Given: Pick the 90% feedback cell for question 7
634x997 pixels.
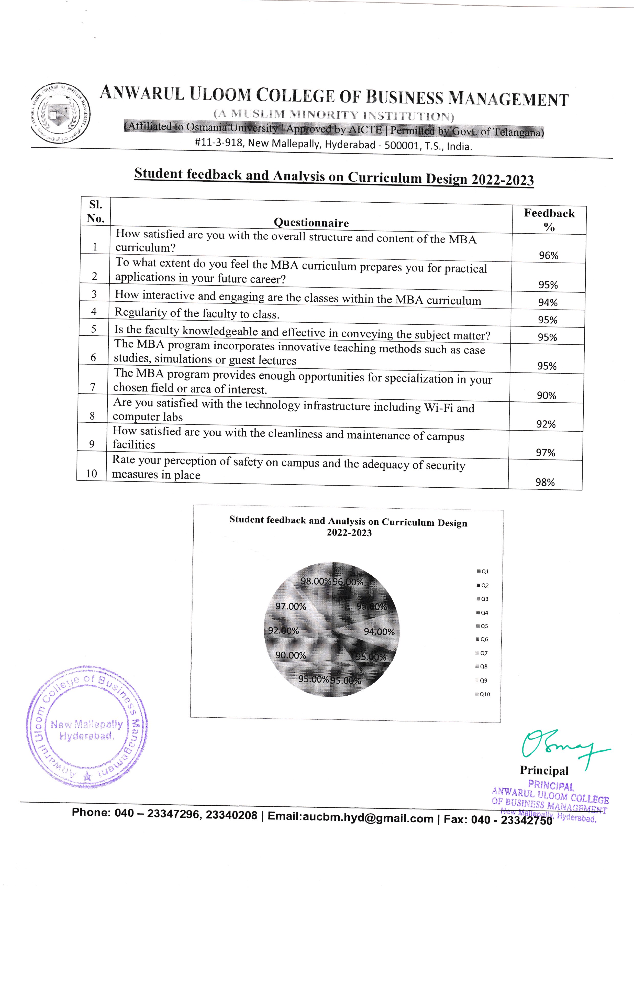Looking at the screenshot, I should tap(546, 396).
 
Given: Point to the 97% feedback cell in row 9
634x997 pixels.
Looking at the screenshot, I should tap(546, 453).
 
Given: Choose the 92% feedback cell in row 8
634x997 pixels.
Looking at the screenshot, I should tap(546, 424).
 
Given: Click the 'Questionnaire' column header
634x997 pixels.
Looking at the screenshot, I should tap(311, 223).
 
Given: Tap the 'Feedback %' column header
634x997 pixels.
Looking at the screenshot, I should tap(549, 220).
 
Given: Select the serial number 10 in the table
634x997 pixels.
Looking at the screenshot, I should tap(92, 474).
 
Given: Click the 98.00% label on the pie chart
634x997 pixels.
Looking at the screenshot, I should tap(316, 581).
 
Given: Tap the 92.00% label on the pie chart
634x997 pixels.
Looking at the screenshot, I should tap(283, 631).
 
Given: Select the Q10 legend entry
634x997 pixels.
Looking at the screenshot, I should tap(483, 694).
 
